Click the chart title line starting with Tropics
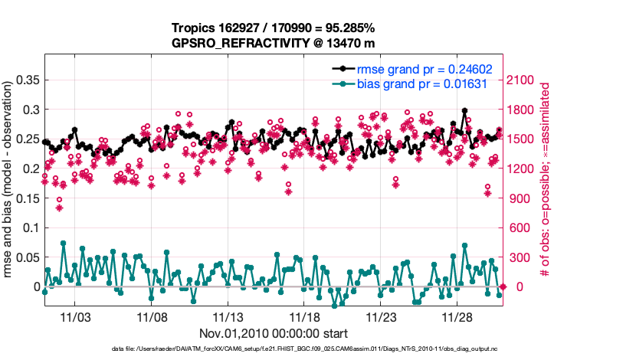pos(274,28)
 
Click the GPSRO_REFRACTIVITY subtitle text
pos(274,44)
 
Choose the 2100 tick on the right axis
pos(523,80)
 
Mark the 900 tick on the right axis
pos(519,198)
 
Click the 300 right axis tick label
pos(519,257)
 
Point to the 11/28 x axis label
pos(457,317)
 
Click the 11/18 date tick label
pos(304,317)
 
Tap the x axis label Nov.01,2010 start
pos(274,333)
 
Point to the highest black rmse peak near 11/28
pos(465,110)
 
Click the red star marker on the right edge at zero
pos(503,286)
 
